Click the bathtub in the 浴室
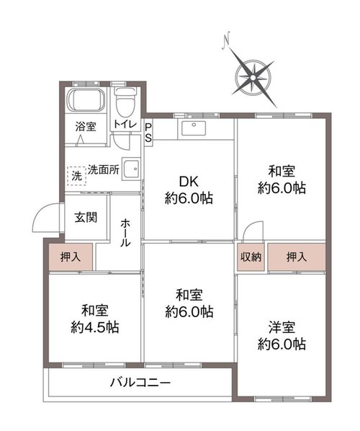click(x=86, y=99)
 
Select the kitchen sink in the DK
click(x=193, y=128)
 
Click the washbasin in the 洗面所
click(x=131, y=169)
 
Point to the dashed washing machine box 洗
click(x=76, y=176)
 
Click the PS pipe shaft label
click(x=148, y=133)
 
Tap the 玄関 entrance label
click(x=86, y=218)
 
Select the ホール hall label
click(x=125, y=233)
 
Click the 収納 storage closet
click(x=251, y=257)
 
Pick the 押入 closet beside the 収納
click(x=297, y=257)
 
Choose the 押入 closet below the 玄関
click(x=71, y=257)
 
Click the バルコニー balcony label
click(x=140, y=382)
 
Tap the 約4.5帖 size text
click(x=95, y=327)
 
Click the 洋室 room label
click(x=282, y=327)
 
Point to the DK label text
click(x=189, y=182)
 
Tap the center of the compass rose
click(x=253, y=78)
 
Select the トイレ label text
click(x=125, y=124)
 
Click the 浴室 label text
click(x=86, y=127)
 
